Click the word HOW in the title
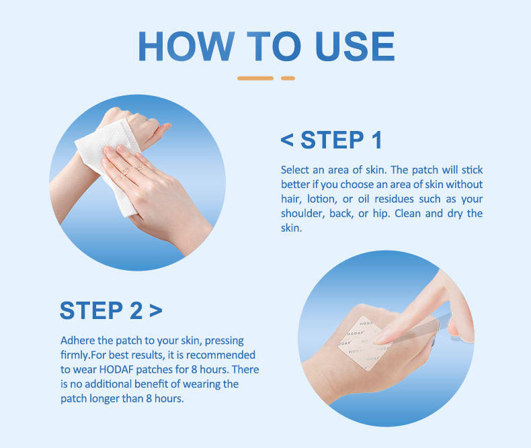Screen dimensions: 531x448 (x=186, y=46)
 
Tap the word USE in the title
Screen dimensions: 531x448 (x=355, y=46)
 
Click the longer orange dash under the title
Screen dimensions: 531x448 (x=255, y=78)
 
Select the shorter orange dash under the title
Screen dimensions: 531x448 (x=288, y=78)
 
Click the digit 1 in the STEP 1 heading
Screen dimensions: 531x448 (x=376, y=140)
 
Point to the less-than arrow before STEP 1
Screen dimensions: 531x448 (x=287, y=140)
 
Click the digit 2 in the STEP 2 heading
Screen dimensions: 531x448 (x=136, y=310)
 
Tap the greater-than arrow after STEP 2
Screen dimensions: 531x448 (x=156, y=310)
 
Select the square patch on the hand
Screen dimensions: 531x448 (x=365, y=343)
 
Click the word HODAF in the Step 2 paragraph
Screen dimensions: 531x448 (x=116, y=369)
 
